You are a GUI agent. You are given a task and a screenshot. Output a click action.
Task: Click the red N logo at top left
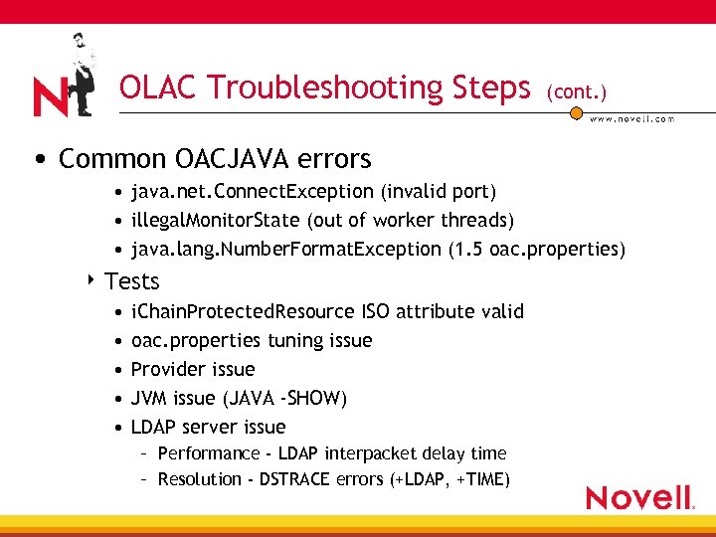51,95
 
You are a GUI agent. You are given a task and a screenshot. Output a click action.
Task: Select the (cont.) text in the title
576,91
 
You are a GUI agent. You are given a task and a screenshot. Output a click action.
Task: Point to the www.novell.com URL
631,119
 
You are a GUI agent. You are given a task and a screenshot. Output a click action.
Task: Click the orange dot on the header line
575,113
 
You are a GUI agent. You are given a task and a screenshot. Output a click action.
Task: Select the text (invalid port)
437,191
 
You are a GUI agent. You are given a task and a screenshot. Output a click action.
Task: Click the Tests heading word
132,281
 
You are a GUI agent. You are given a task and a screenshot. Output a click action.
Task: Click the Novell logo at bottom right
639,497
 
